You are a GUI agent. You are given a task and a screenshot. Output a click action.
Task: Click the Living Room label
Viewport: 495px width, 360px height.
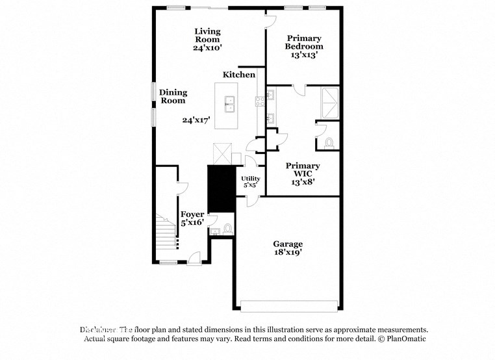tap(208, 35)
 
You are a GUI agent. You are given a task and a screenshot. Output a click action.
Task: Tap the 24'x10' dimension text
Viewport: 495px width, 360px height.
tap(208, 48)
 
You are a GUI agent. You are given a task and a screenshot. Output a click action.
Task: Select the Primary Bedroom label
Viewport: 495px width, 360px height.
tap(304, 42)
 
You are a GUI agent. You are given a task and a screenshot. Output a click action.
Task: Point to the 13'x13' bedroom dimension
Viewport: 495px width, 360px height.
tap(304, 55)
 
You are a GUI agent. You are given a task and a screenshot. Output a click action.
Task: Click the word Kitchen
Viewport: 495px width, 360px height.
tap(239, 75)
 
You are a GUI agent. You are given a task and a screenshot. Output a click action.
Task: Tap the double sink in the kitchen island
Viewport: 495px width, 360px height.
tap(229, 103)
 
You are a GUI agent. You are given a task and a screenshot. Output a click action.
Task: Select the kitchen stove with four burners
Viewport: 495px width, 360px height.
tap(259, 101)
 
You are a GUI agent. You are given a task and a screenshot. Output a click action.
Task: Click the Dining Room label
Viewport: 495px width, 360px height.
tap(173, 96)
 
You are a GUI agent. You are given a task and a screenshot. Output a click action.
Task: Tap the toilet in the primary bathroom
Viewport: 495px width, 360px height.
tap(329, 142)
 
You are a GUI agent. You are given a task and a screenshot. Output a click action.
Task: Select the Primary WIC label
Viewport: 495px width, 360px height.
tap(303, 170)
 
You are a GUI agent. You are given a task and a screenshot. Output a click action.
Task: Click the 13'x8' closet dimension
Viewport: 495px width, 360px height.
tap(303, 183)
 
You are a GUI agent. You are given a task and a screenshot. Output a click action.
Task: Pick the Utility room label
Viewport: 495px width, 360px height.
tap(250, 178)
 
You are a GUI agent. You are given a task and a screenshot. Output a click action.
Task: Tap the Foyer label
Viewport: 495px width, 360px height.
tap(192, 214)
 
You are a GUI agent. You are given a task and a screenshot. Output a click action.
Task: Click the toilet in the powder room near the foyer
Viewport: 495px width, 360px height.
tap(227, 229)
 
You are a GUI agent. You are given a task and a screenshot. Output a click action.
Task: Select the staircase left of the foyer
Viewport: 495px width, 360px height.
tap(166, 231)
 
